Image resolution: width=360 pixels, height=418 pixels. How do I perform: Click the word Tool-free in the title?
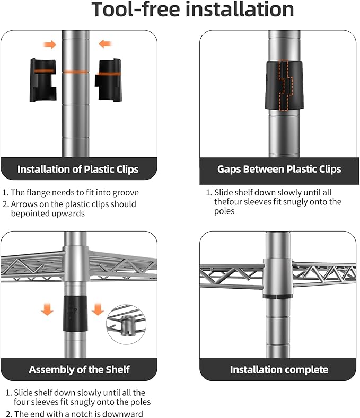pyautogui.click(x=136, y=10)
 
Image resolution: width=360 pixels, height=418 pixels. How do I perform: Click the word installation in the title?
pyautogui.click(x=240, y=9)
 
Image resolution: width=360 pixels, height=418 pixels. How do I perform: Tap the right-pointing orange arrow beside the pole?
pyautogui.click(x=50, y=45)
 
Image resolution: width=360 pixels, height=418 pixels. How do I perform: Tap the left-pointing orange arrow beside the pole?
pyautogui.click(x=105, y=43)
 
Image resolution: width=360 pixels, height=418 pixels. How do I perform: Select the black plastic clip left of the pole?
pyautogui.click(x=43, y=80)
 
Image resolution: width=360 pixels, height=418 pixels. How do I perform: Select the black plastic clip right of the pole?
pyautogui.click(x=108, y=80)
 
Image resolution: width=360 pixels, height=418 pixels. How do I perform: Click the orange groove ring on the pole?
pyautogui.click(x=75, y=72)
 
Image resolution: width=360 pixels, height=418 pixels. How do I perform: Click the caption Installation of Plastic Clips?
pyautogui.click(x=78, y=170)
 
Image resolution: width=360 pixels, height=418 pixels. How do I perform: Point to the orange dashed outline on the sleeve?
pyautogui.click(x=285, y=85)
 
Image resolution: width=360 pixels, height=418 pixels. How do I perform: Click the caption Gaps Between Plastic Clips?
pyautogui.click(x=279, y=170)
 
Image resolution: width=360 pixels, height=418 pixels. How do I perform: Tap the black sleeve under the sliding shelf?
pyautogui.click(x=75, y=314)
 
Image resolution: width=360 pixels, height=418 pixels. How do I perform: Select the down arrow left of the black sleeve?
pyautogui.click(x=47, y=309)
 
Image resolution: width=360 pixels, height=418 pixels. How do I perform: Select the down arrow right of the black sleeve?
pyautogui.click(x=98, y=309)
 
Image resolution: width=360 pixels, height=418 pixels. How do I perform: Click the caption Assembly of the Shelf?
pyautogui.click(x=79, y=370)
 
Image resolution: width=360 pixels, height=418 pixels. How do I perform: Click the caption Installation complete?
pyautogui.click(x=279, y=370)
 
